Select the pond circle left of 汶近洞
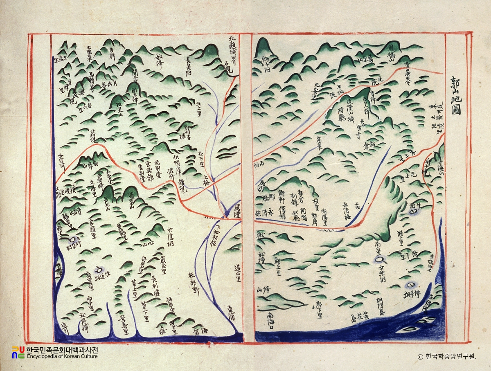99,270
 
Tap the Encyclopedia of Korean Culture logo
55,353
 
